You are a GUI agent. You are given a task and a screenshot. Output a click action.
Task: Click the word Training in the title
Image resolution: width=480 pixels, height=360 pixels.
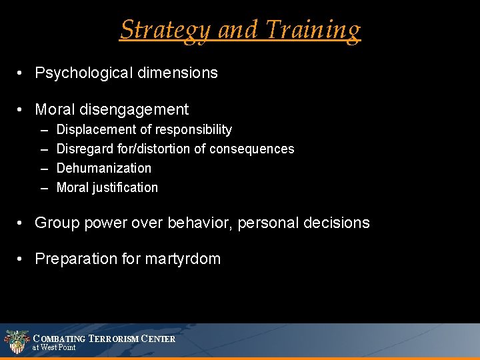coord(313,31)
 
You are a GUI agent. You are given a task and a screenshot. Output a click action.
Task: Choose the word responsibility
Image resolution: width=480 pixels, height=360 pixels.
coord(193,129)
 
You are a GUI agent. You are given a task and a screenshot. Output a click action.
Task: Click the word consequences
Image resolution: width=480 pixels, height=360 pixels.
coord(251,149)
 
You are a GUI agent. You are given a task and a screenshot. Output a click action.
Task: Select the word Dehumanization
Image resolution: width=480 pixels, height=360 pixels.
coord(104,168)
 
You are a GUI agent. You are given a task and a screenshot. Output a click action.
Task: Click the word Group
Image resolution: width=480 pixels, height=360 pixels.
coord(57,223)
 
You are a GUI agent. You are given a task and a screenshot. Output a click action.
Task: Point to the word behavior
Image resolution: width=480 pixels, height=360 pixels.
coord(191,223)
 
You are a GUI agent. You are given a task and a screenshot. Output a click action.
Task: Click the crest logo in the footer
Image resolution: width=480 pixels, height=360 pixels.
coord(16,341)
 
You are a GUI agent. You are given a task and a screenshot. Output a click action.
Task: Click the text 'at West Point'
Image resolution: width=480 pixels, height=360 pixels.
coord(54,347)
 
